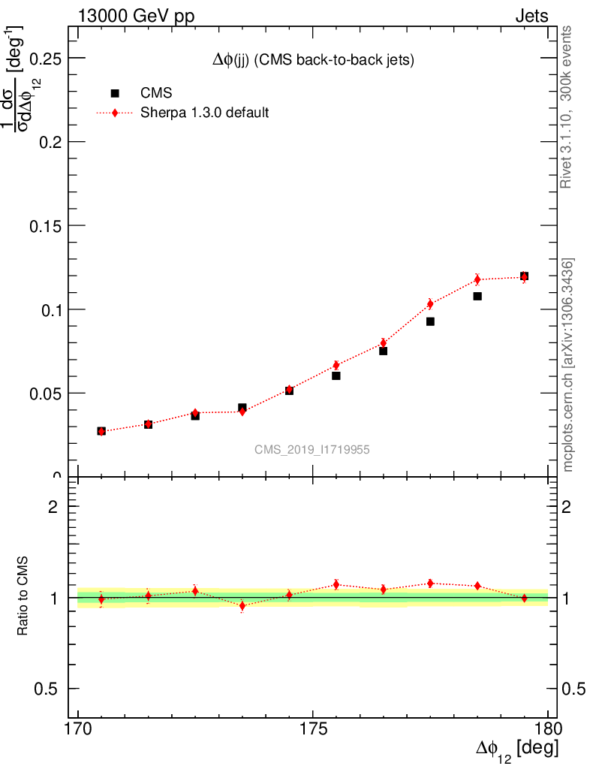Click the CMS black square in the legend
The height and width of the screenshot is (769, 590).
click(x=115, y=93)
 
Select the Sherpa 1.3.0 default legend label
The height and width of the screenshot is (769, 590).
click(x=205, y=113)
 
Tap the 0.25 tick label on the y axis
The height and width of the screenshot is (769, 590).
click(x=46, y=58)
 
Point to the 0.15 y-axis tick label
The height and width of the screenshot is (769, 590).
click(x=46, y=225)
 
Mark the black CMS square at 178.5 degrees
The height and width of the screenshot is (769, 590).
click(x=477, y=296)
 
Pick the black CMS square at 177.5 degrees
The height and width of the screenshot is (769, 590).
click(x=430, y=321)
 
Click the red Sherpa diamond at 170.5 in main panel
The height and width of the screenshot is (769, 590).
click(x=101, y=431)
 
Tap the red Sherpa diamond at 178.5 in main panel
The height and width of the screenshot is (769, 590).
click(x=477, y=279)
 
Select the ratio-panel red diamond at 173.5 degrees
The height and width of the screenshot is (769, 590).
click(x=242, y=605)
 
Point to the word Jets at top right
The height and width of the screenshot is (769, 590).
click(x=531, y=17)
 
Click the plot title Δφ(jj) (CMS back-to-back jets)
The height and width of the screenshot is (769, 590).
click(x=313, y=61)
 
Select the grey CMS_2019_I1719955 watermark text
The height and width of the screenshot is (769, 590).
click(x=312, y=449)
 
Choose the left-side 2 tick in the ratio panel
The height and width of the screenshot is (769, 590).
click(x=53, y=506)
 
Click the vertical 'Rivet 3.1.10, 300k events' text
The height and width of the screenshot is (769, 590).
click(x=567, y=107)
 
